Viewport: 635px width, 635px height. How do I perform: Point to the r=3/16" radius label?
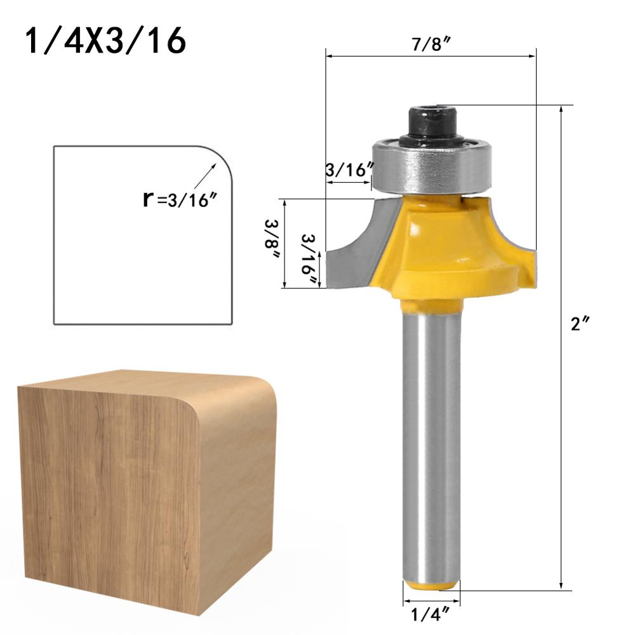coord(180,199)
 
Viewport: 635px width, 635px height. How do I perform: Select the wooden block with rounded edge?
coord(127,489)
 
